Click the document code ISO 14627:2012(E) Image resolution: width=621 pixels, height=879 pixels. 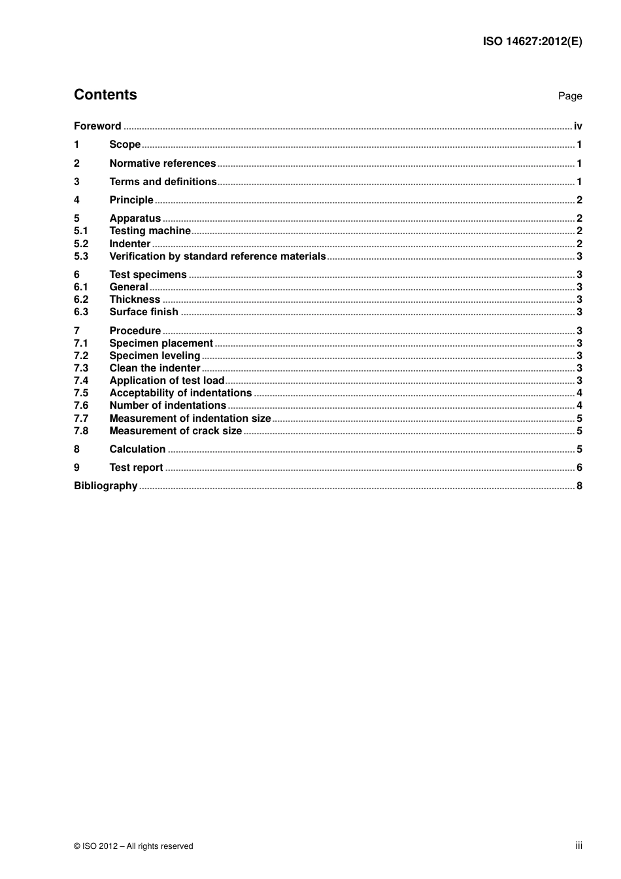pyautogui.click(x=532, y=41)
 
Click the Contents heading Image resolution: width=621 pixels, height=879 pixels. pyautogui.click(x=105, y=95)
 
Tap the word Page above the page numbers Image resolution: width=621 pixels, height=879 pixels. pyautogui.click(x=569, y=96)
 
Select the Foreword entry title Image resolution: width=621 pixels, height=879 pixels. pyautogui.click(x=97, y=126)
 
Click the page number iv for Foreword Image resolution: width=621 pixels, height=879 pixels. pyautogui.click(x=578, y=126)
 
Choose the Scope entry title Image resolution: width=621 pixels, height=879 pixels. pyautogui.click(x=125, y=145)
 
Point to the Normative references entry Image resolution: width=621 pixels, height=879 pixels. pyautogui.click(x=162, y=164)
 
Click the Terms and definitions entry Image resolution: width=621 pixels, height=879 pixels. pyautogui.click(x=163, y=182)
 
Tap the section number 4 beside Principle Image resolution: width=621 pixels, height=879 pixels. pyautogui.click(x=76, y=200)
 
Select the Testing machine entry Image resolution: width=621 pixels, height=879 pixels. pyautogui.click(x=150, y=231)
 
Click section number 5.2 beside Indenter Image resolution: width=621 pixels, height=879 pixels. pyautogui.click(x=81, y=244)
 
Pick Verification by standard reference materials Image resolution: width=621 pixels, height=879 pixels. pyautogui.click(x=217, y=256)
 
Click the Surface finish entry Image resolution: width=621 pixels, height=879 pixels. pyautogui.click(x=144, y=312)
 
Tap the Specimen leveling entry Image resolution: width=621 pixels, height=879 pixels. pyautogui.click(x=154, y=356)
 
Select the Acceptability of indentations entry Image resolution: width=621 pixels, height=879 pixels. pyautogui.click(x=180, y=393)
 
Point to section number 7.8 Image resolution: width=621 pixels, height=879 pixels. pyautogui.click(x=81, y=431)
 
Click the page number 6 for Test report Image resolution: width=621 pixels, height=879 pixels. pyautogui.click(x=579, y=468)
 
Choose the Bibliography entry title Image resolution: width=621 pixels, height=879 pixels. pyautogui.click(x=105, y=486)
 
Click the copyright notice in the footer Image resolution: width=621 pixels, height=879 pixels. pyautogui.click(x=133, y=846)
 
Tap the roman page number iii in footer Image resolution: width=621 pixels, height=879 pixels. pyautogui.click(x=579, y=846)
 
